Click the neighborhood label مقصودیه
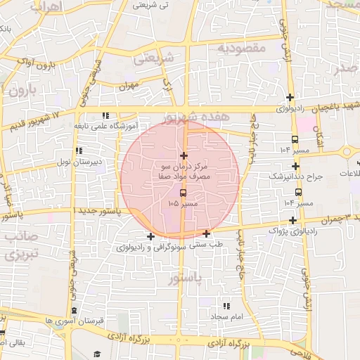[241, 48]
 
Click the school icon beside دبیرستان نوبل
[79, 150]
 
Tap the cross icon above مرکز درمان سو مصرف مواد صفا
[184, 155]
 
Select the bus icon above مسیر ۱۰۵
[184, 193]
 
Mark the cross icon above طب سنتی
[206, 233]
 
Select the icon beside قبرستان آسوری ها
[75, 310]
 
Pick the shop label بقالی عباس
[15, 343]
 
